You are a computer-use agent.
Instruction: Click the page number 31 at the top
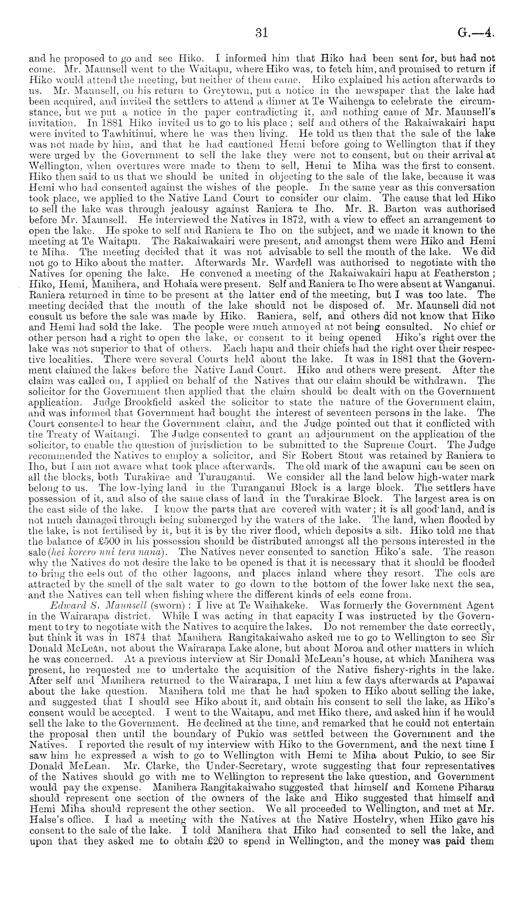pyautogui.click(x=262, y=33)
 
